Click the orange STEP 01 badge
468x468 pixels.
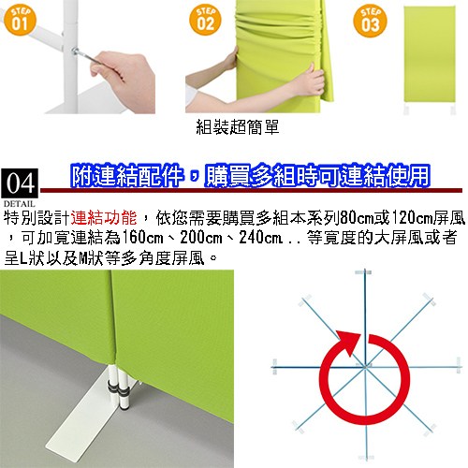pyautogui.click(x=20, y=21)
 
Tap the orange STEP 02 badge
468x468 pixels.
pyautogui.click(x=205, y=21)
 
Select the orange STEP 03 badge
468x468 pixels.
pyautogui.click(x=370, y=22)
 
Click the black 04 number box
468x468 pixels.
pyautogui.click(x=20, y=183)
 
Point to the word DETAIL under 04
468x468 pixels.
pyautogui.click(x=19, y=204)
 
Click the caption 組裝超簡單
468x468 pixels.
pyautogui.click(x=238, y=127)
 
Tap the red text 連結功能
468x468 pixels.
pyautogui.click(x=104, y=217)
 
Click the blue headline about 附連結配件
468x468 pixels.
pyautogui.click(x=251, y=175)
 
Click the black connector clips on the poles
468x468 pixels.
pyautogui.click(x=118, y=388)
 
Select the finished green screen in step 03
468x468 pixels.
pyautogui.click(x=430, y=54)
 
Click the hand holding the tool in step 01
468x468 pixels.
pyautogui.click(x=124, y=80)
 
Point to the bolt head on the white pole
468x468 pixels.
pyautogui.click(x=75, y=51)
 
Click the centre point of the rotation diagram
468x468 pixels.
pyautogui.click(x=365, y=367)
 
